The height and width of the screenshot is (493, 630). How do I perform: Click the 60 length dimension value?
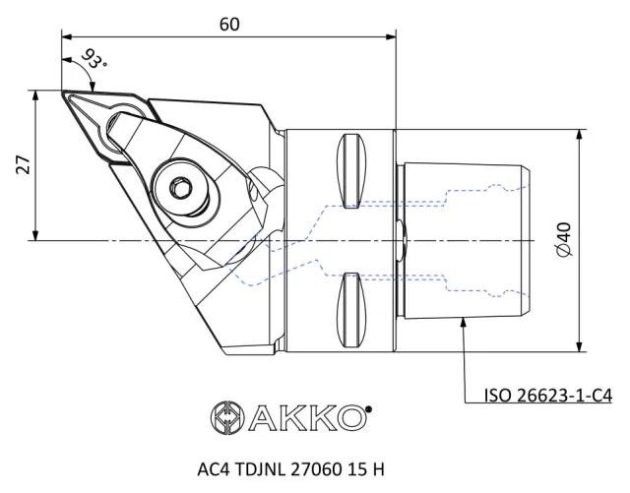coord(229,24)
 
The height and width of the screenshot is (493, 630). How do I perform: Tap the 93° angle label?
coord(94,59)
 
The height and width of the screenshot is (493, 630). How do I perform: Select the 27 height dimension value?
coord(24,164)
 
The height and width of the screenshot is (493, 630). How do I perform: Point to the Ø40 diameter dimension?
coord(563,239)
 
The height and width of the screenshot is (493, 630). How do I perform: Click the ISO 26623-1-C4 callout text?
coord(548,396)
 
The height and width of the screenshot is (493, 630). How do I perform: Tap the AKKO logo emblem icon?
coord(227,418)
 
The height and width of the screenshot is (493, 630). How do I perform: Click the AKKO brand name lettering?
coord(308,418)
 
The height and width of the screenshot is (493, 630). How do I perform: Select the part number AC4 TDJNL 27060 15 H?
coord(290,469)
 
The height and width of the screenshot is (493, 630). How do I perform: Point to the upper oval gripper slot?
coord(351,170)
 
